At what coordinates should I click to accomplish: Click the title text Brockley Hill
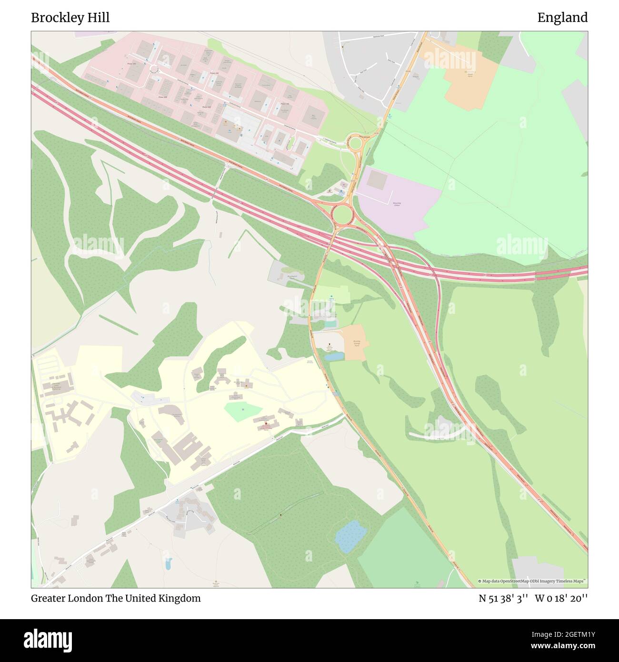(70, 18)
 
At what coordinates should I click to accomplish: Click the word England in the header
(562, 18)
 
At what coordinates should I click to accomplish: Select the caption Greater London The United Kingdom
(116, 598)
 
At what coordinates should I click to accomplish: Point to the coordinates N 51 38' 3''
(503, 598)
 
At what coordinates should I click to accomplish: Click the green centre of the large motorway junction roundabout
(341, 215)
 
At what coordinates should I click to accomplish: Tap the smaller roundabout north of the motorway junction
(354, 142)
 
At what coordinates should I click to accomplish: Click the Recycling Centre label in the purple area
(397, 204)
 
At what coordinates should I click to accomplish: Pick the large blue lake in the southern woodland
(350, 536)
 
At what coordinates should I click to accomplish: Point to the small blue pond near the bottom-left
(168, 565)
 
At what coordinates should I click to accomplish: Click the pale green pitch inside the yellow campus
(243, 411)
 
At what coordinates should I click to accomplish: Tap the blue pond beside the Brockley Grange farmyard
(334, 356)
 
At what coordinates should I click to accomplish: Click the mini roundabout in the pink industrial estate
(154, 70)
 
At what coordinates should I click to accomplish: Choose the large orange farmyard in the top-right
(471, 82)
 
